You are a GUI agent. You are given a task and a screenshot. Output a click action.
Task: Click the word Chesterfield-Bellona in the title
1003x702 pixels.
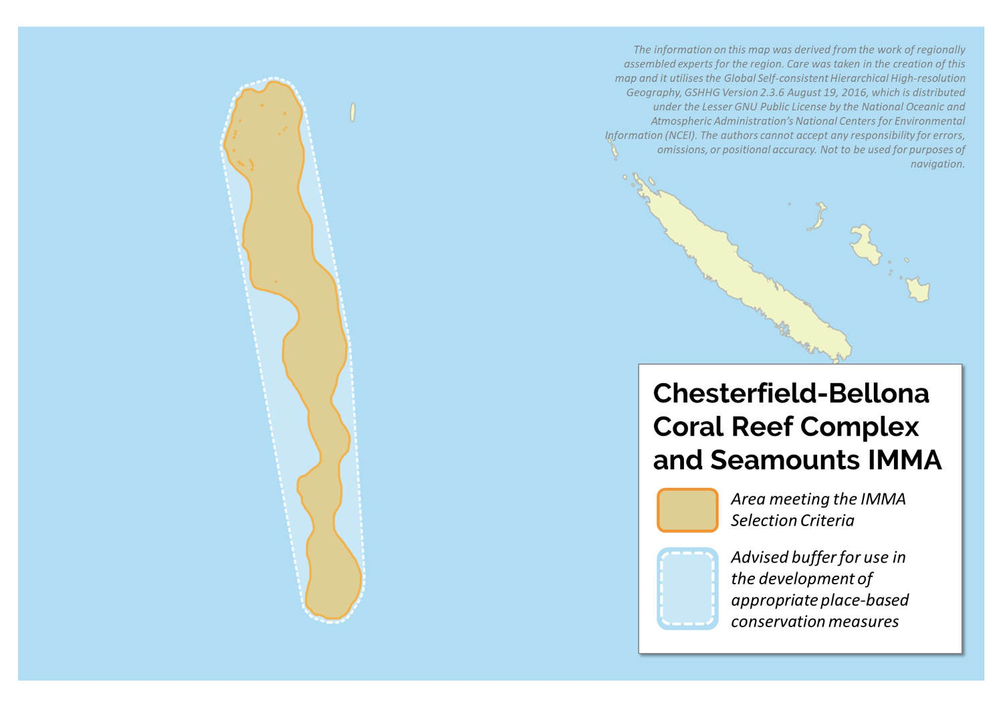790,394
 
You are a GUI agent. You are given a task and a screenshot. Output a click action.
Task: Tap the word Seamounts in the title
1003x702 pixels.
784,460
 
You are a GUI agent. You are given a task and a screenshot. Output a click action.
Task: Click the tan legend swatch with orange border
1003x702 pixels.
687,510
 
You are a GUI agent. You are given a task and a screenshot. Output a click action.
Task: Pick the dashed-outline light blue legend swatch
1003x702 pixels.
687,589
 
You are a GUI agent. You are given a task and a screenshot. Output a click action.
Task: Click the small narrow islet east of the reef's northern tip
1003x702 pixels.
352,112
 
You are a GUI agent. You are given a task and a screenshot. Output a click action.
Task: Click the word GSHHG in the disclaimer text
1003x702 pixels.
701,92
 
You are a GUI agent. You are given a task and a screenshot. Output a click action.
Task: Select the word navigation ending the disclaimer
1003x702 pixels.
937,164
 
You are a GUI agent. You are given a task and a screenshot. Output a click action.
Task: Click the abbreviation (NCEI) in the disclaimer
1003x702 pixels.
681,135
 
